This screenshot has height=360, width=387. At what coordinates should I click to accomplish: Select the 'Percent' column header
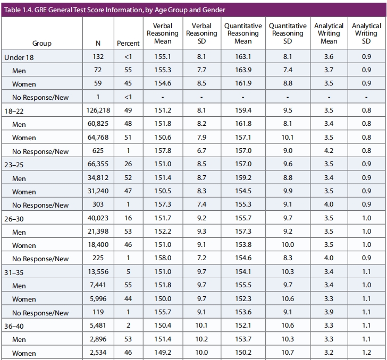[x=128, y=44]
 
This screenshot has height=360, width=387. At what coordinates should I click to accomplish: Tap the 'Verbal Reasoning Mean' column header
[x=163, y=33]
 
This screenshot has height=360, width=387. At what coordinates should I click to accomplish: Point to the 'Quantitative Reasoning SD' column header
[x=288, y=33]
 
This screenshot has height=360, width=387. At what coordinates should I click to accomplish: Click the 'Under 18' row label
[x=19, y=57]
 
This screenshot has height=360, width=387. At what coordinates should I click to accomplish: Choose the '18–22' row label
[x=14, y=111]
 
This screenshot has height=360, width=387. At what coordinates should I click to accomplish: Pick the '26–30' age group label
[x=14, y=219]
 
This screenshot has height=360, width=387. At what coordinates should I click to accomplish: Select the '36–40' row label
[x=14, y=327]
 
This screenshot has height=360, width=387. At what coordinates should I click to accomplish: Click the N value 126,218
[x=98, y=110]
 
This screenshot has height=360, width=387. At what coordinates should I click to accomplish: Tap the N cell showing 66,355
[x=98, y=164]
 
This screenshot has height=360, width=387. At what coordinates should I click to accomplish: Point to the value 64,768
[x=98, y=137]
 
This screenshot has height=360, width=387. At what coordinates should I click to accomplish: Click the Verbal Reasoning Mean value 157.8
[x=163, y=151]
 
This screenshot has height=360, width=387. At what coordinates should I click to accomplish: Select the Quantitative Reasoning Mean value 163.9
[x=243, y=70]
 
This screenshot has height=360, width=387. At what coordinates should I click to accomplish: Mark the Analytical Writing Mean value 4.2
[x=329, y=151]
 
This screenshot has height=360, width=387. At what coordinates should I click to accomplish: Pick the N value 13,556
[x=98, y=272]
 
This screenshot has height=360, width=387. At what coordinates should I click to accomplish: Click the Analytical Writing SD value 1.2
[x=366, y=353]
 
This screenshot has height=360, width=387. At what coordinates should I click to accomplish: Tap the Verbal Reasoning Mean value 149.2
[x=163, y=353]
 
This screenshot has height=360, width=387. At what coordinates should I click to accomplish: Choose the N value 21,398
[x=98, y=232]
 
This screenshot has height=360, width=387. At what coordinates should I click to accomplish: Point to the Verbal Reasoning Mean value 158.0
[x=163, y=258]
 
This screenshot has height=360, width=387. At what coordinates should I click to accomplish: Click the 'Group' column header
[x=41, y=44]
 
